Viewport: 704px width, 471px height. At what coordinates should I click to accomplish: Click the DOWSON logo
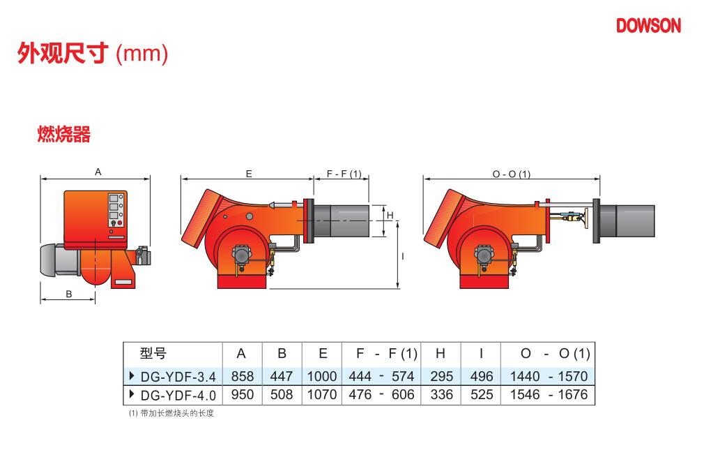click(648, 26)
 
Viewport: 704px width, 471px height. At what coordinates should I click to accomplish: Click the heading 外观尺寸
click(63, 53)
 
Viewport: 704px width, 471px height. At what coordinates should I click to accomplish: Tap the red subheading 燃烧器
click(63, 134)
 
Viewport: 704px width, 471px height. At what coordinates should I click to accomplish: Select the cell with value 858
click(243, 376)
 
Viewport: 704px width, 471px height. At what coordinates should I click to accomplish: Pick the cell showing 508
click(282, 395)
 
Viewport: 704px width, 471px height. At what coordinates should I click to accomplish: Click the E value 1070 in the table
click(322, 395)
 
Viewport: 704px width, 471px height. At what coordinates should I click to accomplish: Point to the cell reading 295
click(441, 376)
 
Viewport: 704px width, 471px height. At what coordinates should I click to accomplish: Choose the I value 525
click(482, 395)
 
